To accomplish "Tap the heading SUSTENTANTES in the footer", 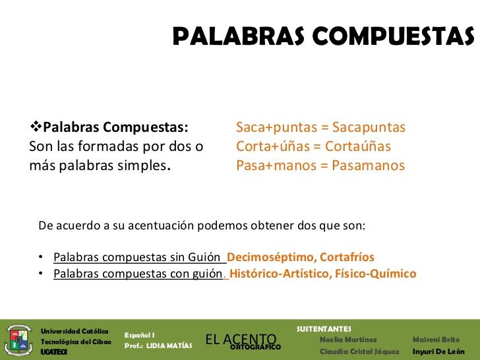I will coord(324,328).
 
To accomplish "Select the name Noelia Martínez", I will coord(348,340).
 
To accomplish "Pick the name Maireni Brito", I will coord(436,340).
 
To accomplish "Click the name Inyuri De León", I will coord(438,351).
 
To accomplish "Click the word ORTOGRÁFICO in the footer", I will coord(256,347).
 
